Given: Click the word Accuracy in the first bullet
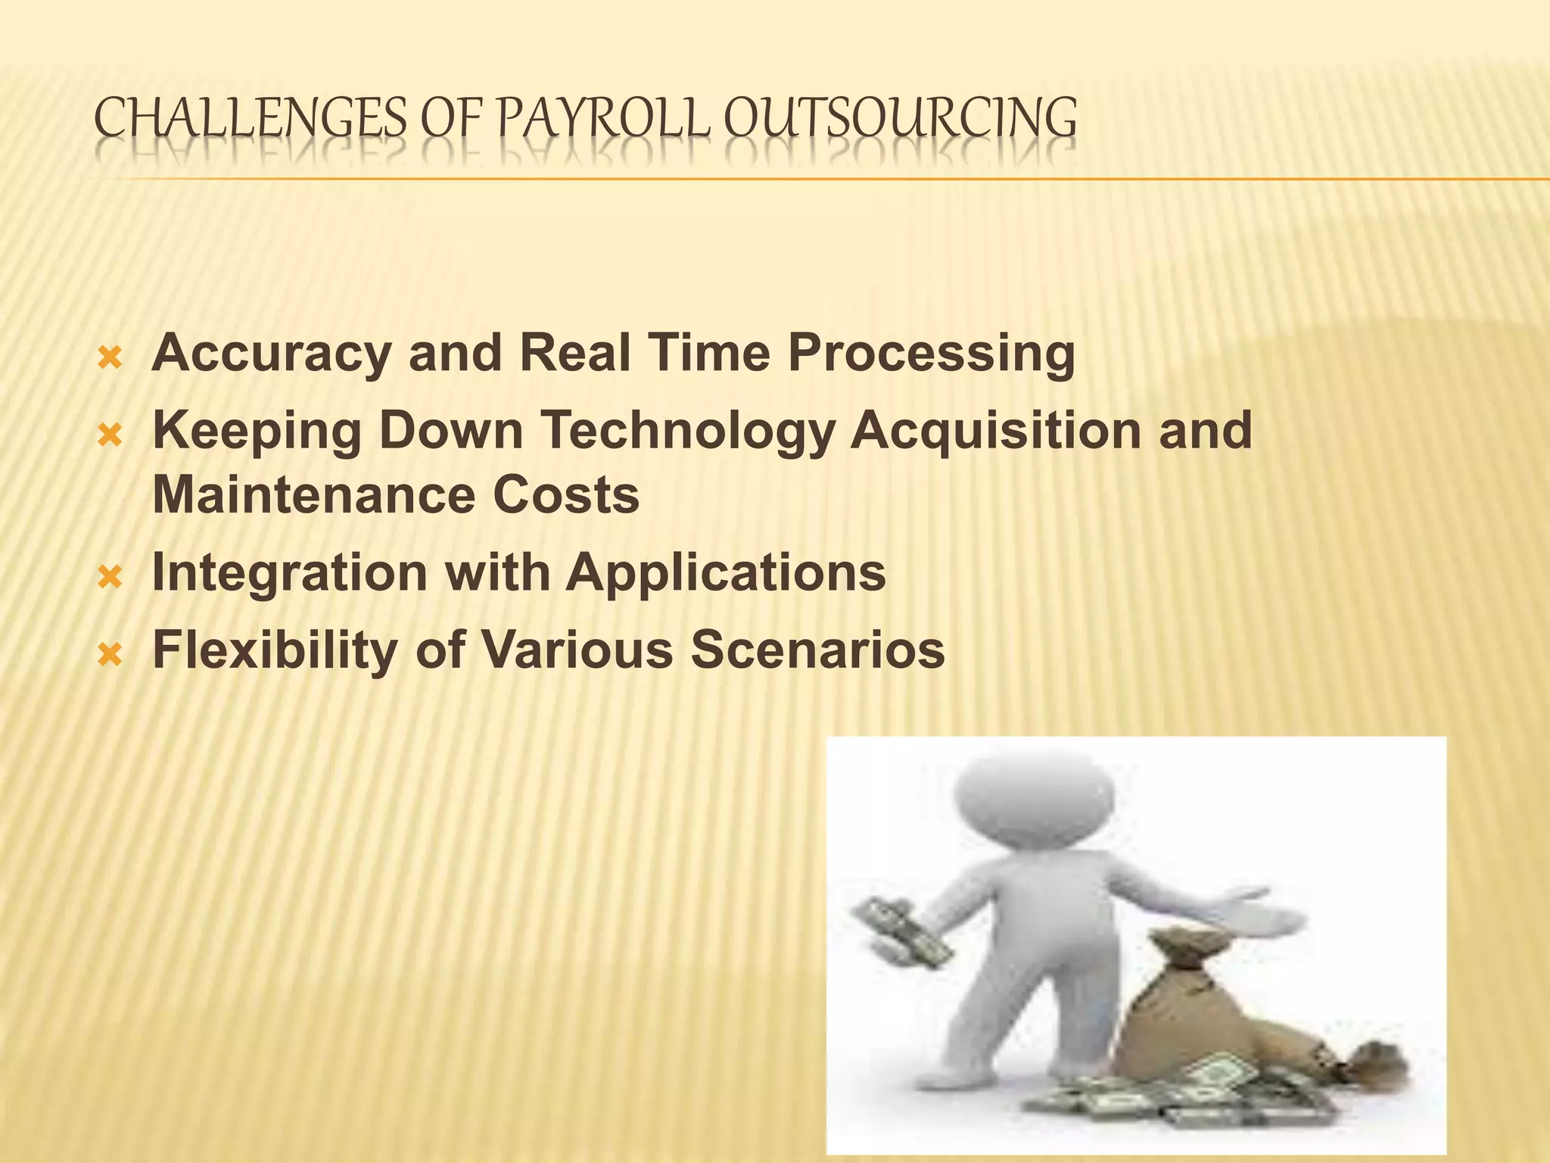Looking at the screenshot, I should tap(270, 354).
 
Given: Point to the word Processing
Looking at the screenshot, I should tap(931, 354).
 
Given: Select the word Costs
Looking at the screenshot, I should tap(566, 495).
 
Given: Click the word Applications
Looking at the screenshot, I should tap(726, 572).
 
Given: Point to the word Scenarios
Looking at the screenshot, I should tap(817, 650).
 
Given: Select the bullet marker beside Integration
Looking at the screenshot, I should tap(110, 575).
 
